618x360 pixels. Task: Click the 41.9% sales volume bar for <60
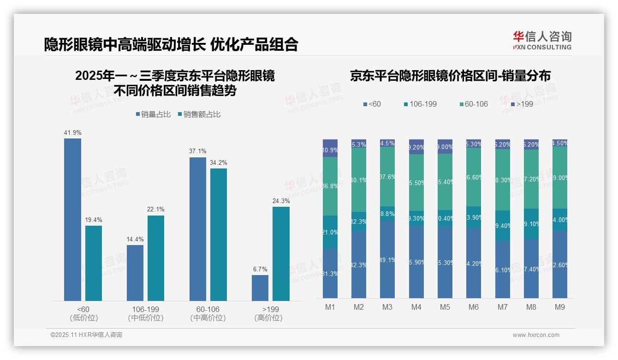pyautogui.click(x=72, y=220)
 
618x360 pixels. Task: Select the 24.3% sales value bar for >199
pyautogui.click(x=281, y=254)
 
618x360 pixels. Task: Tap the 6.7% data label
pyautogui.click(x=260, y=269)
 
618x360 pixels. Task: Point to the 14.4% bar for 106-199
pyautogui.click(x=135, y=273)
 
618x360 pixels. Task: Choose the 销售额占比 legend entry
pyautogui.click(x=199, y=114)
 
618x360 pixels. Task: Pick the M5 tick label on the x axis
pyautogui.click(x=445, y=307)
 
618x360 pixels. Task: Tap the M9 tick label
pyautogui.click(x=559, y=307)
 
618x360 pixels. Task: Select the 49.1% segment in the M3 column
pyautogui.click(x=387, y=259)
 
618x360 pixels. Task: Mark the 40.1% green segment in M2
pyautogui.click(x=359, y=180)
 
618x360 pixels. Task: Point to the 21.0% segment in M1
pyautogui.click(x=330, y=232)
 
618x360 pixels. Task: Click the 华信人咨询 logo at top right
pyautogui.click(x=542, y=41)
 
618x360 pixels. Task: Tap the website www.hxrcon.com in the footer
pyautogui.click(x=536, y=335)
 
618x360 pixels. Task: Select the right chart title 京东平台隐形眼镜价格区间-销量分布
pyautogui.click(x=450, y=76)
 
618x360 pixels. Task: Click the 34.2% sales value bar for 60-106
pyautogui.click(x=219, y=234)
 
